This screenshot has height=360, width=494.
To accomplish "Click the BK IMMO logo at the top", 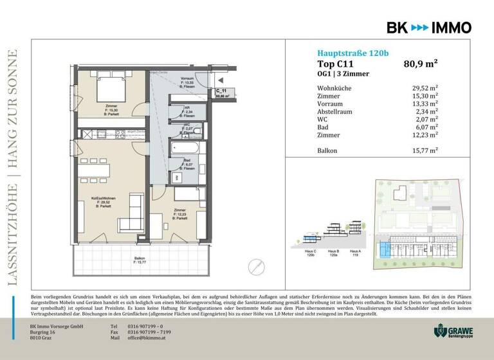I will pos(428,27).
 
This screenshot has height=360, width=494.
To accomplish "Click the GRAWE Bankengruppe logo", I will pos(455,330).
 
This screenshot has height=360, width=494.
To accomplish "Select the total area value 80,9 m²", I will pos(421,64).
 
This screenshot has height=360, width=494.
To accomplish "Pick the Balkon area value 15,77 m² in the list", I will pos(425,150).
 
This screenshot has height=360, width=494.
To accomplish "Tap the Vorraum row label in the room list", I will pos(330,102).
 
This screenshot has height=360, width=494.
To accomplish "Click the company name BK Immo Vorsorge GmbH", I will pos(60,326).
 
